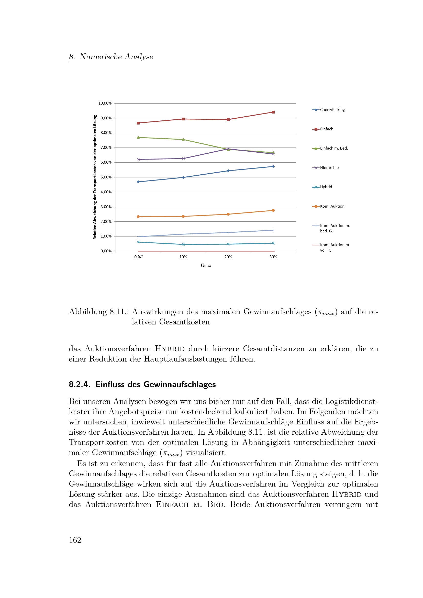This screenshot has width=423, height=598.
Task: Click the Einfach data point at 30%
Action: click(273, 112)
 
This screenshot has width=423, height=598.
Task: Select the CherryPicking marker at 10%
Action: click(183, 177)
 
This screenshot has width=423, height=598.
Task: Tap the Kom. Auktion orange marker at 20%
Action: click(228, 214)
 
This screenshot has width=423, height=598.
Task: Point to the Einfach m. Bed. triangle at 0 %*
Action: click(138, 137)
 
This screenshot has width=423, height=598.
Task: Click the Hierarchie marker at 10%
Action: click(183, 159)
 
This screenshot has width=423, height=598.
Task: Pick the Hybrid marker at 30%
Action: click(273, 243)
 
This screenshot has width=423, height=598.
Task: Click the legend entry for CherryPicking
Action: click(332, 110)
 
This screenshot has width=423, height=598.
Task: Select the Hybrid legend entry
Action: click(326, 187)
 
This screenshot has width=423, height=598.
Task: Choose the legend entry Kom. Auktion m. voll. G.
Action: click(335, 247)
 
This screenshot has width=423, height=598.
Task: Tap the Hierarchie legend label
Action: click(329, 168)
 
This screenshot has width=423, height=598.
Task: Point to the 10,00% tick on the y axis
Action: click(105, 103)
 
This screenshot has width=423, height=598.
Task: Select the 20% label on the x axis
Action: click(228, 257)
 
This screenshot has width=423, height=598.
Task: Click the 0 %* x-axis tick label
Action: click(138, 257)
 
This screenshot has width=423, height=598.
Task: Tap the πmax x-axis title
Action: click(206, 265)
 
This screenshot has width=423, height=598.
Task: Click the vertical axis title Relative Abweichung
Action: click(95, 177)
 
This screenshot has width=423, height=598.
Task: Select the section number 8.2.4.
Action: click(80, 385)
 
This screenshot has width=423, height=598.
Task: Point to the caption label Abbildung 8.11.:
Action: click(99, 312)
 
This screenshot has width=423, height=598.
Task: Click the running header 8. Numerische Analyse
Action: click(111, 57)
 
